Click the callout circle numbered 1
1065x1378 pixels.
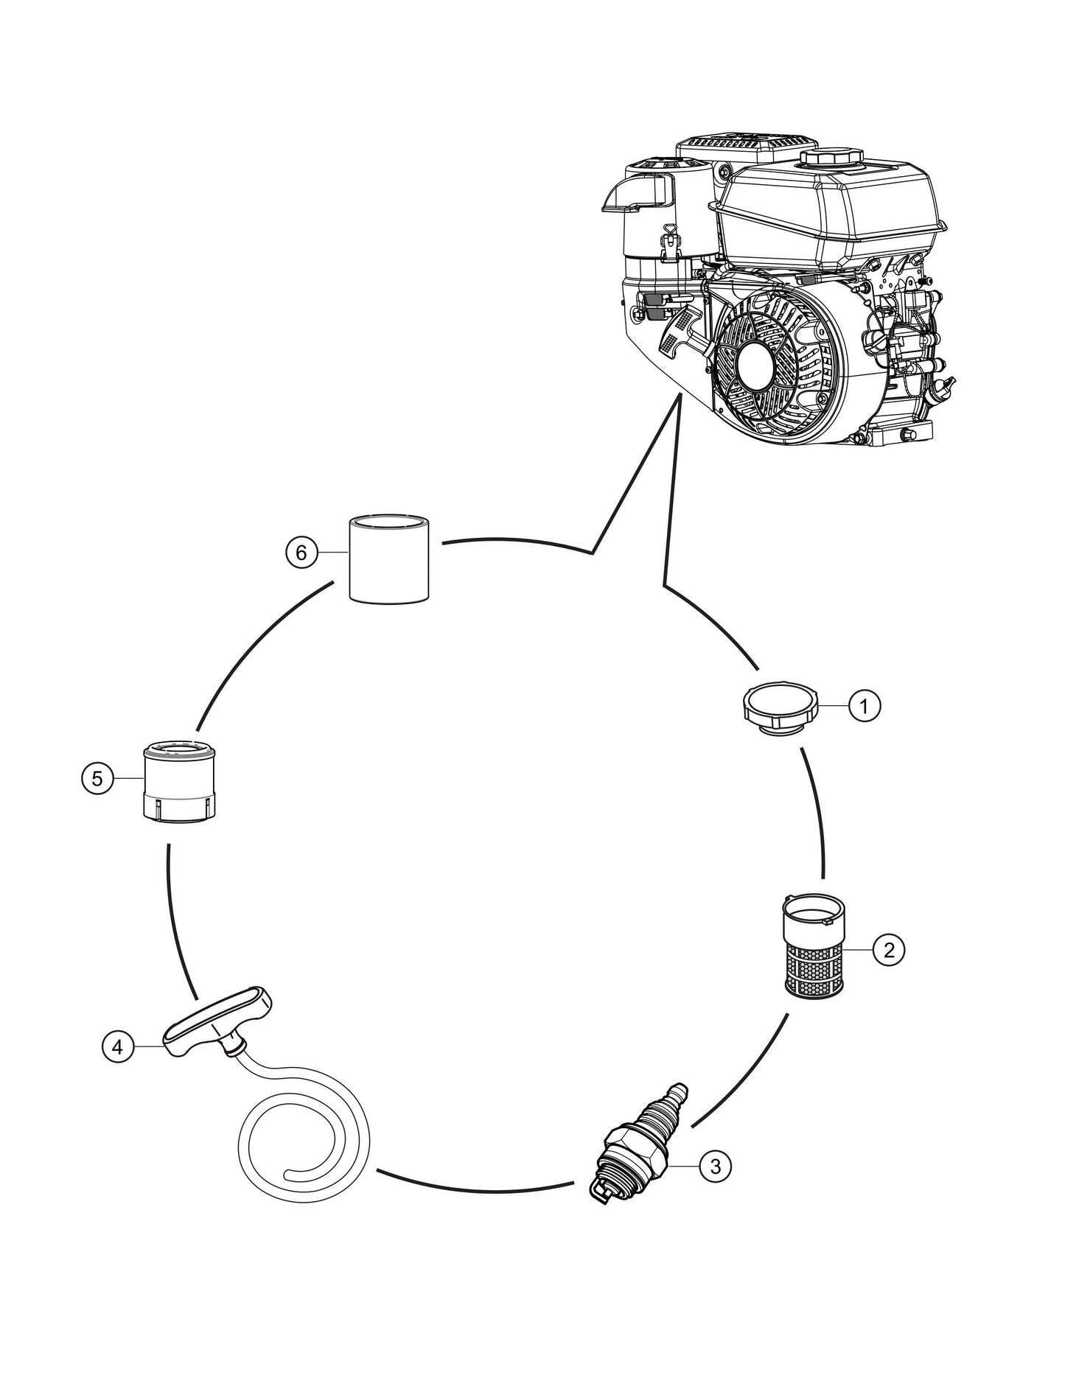pyautogui.click(x=865, y=706)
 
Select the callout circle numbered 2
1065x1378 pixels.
pyautogui.click(x=888, y=950)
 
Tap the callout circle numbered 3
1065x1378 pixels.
pyautogui.click(x=715, y=1166)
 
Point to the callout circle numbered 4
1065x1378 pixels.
pyautogui.click(x=118, y=1046)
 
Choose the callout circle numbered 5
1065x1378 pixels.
pyautogui.click(x=97, y=779)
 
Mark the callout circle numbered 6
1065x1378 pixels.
pyautogui.click(x=301, y=552)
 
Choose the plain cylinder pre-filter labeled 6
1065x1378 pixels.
pyautogui.click(x=388, y=560)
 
